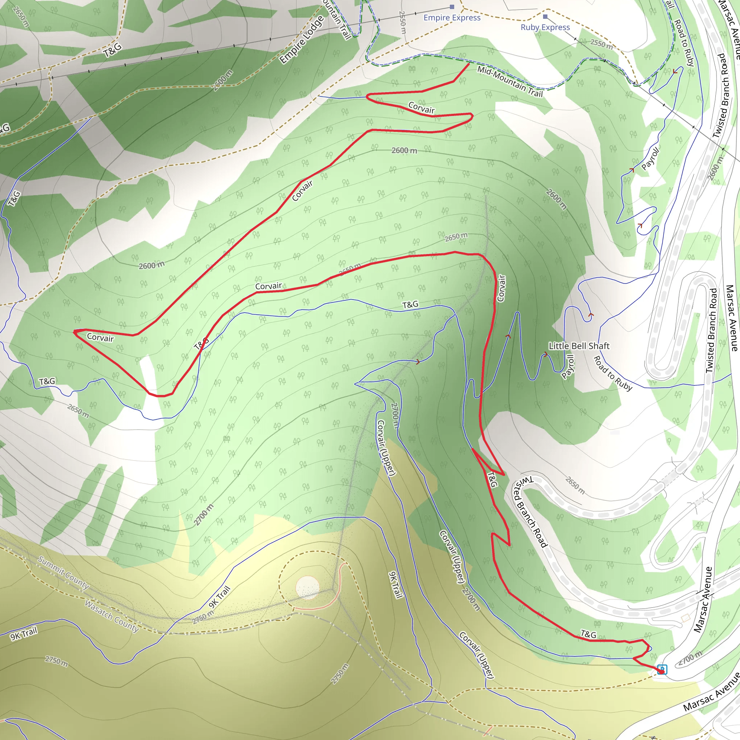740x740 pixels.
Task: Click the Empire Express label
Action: pyautogui.click(x=452, y=18)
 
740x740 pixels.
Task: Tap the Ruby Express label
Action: pyautogui.click(x=545, y=27)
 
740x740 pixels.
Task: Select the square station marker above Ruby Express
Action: pyautogui.click(x=545, y=17)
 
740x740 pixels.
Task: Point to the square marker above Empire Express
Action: pyautogui.click(x=452, y=7)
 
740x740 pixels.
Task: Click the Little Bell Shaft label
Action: pyautogui.click(x=579, y=346)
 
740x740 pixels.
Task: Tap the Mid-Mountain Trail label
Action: pyautogui.click(x=510, y=81)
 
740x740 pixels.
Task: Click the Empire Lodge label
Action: pyautogui.click(x=301, y=40)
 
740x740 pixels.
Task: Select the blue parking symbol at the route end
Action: pyautogui.click(x=662, y=670)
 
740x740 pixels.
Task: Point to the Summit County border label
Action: pyautogui.click(x=64, y=573)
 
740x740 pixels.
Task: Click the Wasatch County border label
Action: pyautogui.click(x=111, y=616)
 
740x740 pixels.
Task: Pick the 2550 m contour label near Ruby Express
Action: pyautogui.click(x=601, y=44)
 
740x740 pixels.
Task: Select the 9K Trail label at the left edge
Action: pyautogui.click(x=24, y=633)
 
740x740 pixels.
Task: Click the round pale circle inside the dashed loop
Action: pyautogui.click(x=307, y=586)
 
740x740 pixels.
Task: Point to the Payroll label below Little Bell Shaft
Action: pyautogui.click(x=568, y=366)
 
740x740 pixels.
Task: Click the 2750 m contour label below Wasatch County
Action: pyautogui.click(x=56, y=661)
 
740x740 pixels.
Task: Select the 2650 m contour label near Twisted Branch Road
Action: pyautogui.click(x=575, y=485)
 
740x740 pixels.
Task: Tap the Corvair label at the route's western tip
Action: pyautogui.click(x=100, y=337)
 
